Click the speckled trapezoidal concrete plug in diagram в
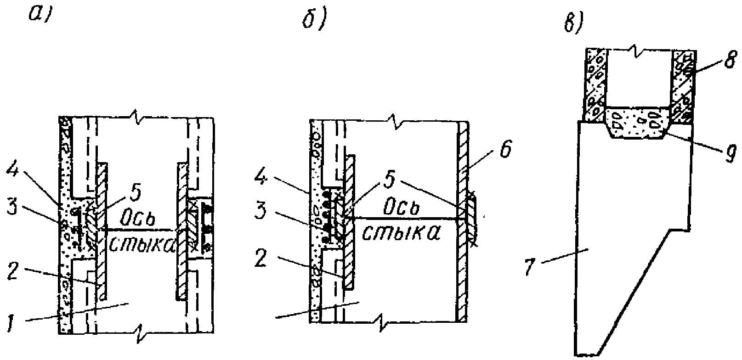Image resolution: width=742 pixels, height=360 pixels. [638, 122]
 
